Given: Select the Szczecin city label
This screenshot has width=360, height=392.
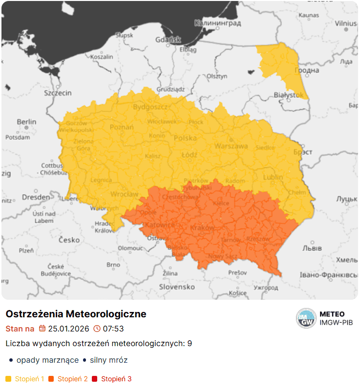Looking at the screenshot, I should click(58, 93).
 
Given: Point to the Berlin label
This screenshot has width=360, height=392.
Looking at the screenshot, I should click(26, 122).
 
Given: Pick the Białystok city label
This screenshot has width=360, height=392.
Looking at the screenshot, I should click(288, 95).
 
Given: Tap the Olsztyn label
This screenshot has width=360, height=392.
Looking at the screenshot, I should click(217, 76).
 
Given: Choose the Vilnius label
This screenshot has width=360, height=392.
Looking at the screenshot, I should click(346, 23).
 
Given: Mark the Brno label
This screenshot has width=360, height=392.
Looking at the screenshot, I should click(113, 265).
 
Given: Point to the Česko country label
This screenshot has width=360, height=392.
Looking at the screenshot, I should click(69, 240).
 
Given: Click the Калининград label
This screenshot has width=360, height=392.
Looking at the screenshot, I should click(217, 23).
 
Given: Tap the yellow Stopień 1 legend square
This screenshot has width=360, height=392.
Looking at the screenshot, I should click(8, 379).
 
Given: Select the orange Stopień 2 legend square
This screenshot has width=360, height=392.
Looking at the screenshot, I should click(51, 379).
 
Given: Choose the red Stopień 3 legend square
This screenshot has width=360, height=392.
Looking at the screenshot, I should click(95, 379).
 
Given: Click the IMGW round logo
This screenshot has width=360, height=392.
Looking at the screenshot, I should click(306, 319).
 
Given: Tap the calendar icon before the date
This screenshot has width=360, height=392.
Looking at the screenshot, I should click(42, 329).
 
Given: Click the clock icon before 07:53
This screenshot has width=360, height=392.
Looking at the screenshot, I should click(97, 329).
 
